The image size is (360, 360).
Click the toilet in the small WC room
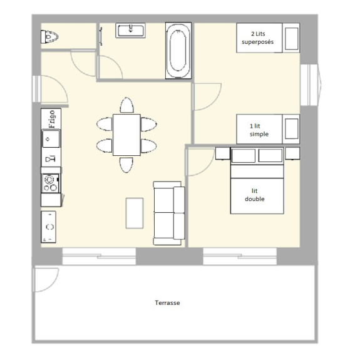coord(49,37)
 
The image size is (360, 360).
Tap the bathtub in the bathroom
coord(178,51)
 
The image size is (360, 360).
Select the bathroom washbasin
coord(130,30)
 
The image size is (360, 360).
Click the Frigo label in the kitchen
coord(52,119)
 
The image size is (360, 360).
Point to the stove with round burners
coord(51,183)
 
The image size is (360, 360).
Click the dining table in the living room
coord(126,135)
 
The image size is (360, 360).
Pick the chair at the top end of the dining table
coord(126,105)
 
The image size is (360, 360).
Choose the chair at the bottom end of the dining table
coord(126,165)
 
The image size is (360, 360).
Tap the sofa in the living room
coord(169,213)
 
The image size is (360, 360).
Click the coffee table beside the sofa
coord(135,213)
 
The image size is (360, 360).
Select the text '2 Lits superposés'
coord(257,38)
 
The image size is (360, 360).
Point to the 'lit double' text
coord(255,195)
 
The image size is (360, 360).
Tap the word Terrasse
coord(167,302)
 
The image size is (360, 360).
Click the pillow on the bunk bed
coord(292,39)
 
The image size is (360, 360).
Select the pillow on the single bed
coord(292,129)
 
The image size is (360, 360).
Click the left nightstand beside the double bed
coord(223,153)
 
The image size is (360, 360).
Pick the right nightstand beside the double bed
coord(292,153)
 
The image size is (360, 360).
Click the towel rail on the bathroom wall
coord(101,36)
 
